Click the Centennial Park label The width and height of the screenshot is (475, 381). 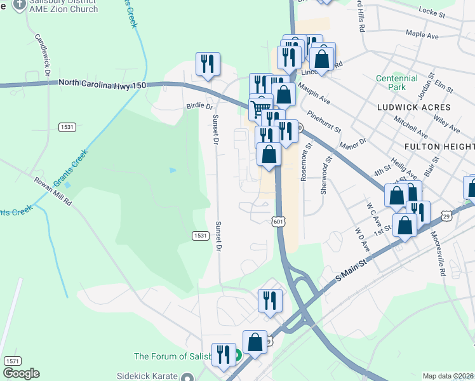click(396, 83)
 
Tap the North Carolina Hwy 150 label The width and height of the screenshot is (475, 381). click(102, 83)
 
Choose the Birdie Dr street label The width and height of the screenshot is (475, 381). click(199, 107)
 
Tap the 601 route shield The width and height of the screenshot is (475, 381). click(278, 221)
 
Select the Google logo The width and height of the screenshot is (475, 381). click(21, 373)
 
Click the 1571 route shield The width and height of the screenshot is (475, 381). click(12, 360)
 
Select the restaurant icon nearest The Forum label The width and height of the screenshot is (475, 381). click(223, 354)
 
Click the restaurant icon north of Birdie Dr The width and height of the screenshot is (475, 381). click(208, 63)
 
